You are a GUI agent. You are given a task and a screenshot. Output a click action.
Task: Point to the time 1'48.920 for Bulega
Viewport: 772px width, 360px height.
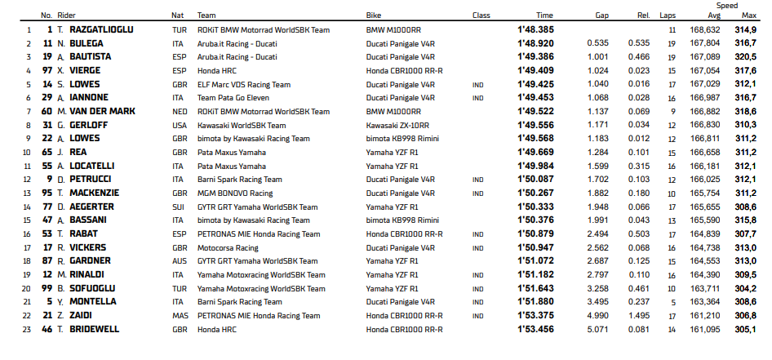tap(535, 42)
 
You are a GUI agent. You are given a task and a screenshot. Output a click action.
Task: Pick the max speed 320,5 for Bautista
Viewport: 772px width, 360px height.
tap(746, 56)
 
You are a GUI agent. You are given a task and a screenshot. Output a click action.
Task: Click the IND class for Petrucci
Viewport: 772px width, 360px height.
tap(478, 179)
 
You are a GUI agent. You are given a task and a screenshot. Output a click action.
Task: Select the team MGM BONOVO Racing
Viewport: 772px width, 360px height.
tap(235, 193)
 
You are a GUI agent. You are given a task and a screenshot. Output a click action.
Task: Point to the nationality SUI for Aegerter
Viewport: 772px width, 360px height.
tap(178, 207)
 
